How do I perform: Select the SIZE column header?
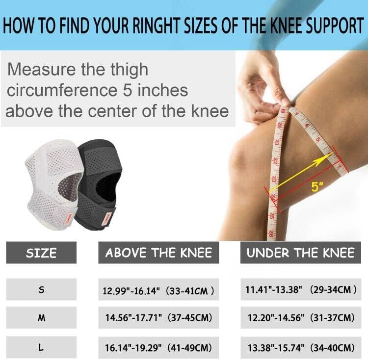41,253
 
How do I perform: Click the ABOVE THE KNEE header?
158,253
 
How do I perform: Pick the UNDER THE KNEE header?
301,253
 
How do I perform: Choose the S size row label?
41,290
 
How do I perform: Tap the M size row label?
41,318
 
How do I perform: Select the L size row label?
41,347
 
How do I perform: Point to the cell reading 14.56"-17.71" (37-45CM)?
158,318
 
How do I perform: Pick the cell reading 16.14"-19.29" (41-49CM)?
158,348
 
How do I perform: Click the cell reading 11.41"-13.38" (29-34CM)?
301,290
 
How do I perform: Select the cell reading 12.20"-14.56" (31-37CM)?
301,318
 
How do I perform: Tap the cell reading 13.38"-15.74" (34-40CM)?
301,348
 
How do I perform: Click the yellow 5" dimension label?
317,187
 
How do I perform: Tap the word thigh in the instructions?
130,70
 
